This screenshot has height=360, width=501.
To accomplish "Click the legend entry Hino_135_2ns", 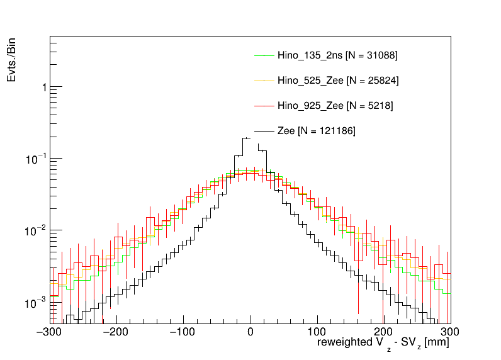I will coord(337,55).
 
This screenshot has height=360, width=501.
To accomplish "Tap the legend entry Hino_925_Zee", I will coord(335,106).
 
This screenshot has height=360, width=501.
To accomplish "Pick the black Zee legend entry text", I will coord(317,131).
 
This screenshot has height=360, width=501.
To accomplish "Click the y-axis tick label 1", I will coord(43,87).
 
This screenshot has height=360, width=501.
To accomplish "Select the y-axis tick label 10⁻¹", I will coord(38,159).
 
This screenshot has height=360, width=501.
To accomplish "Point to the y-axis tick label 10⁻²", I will coord(38,231).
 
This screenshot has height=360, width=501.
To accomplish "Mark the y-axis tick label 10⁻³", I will coord(38,303).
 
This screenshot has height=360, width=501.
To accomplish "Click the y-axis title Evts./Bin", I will coord(12,60).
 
